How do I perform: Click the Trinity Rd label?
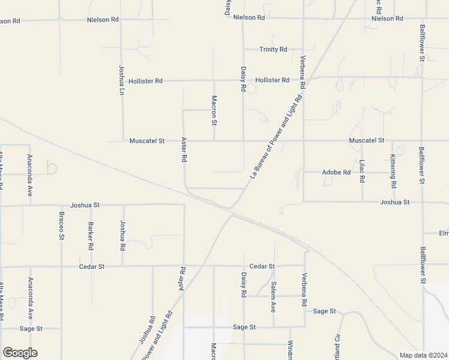(273, 49)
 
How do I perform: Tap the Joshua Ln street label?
(121, 80)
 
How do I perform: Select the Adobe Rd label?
(336, 172)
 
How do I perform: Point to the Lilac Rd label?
(362, 172)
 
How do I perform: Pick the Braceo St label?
(61, 226)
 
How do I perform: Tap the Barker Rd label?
(91, 236)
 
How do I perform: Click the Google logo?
(20, 353)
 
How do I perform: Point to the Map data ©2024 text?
(423, 355)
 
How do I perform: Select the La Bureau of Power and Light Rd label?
(276, 137)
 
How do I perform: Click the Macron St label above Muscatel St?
(214, 110)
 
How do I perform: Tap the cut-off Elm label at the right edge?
(444, 233)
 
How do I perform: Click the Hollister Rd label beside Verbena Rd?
(272, 80)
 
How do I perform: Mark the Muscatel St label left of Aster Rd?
(146, 141)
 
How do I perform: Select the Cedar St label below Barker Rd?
(92, 266)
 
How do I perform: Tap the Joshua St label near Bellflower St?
(394, 202)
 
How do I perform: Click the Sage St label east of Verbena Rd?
(324, 311)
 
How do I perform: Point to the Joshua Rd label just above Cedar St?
(122, 235)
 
